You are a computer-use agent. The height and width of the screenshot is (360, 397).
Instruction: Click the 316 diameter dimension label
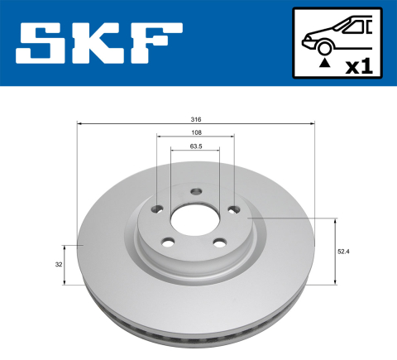195,119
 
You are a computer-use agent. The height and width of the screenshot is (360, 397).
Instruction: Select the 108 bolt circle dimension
195,132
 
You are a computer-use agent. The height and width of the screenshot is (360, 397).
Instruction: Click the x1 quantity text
358,66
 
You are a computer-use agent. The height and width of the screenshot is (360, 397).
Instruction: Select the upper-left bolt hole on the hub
158,209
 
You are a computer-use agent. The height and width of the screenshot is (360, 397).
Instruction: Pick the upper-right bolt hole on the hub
234,209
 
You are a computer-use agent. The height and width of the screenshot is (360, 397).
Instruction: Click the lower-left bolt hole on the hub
169,242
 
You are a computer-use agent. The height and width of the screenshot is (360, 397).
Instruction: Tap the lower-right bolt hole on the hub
221,242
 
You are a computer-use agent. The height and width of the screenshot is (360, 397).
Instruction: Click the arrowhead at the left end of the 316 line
79,125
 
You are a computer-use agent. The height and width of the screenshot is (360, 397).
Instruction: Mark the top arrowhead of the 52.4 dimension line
336,221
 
